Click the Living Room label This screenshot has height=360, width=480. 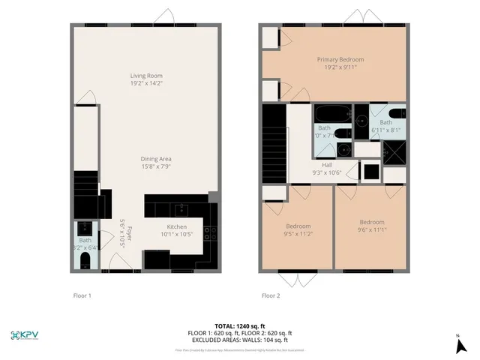point(146,76)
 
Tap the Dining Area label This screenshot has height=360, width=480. point(157,158)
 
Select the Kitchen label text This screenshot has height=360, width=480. point(177,226)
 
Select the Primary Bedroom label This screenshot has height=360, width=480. point(340,59)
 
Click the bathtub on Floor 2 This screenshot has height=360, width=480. point(331,115)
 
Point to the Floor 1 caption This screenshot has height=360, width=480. point(82,295)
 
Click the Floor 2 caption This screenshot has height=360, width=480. point(270,295)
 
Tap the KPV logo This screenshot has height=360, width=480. point(27,334)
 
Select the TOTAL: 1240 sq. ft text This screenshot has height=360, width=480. point(240,326)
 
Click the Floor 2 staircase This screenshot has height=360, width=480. point(274,142)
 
